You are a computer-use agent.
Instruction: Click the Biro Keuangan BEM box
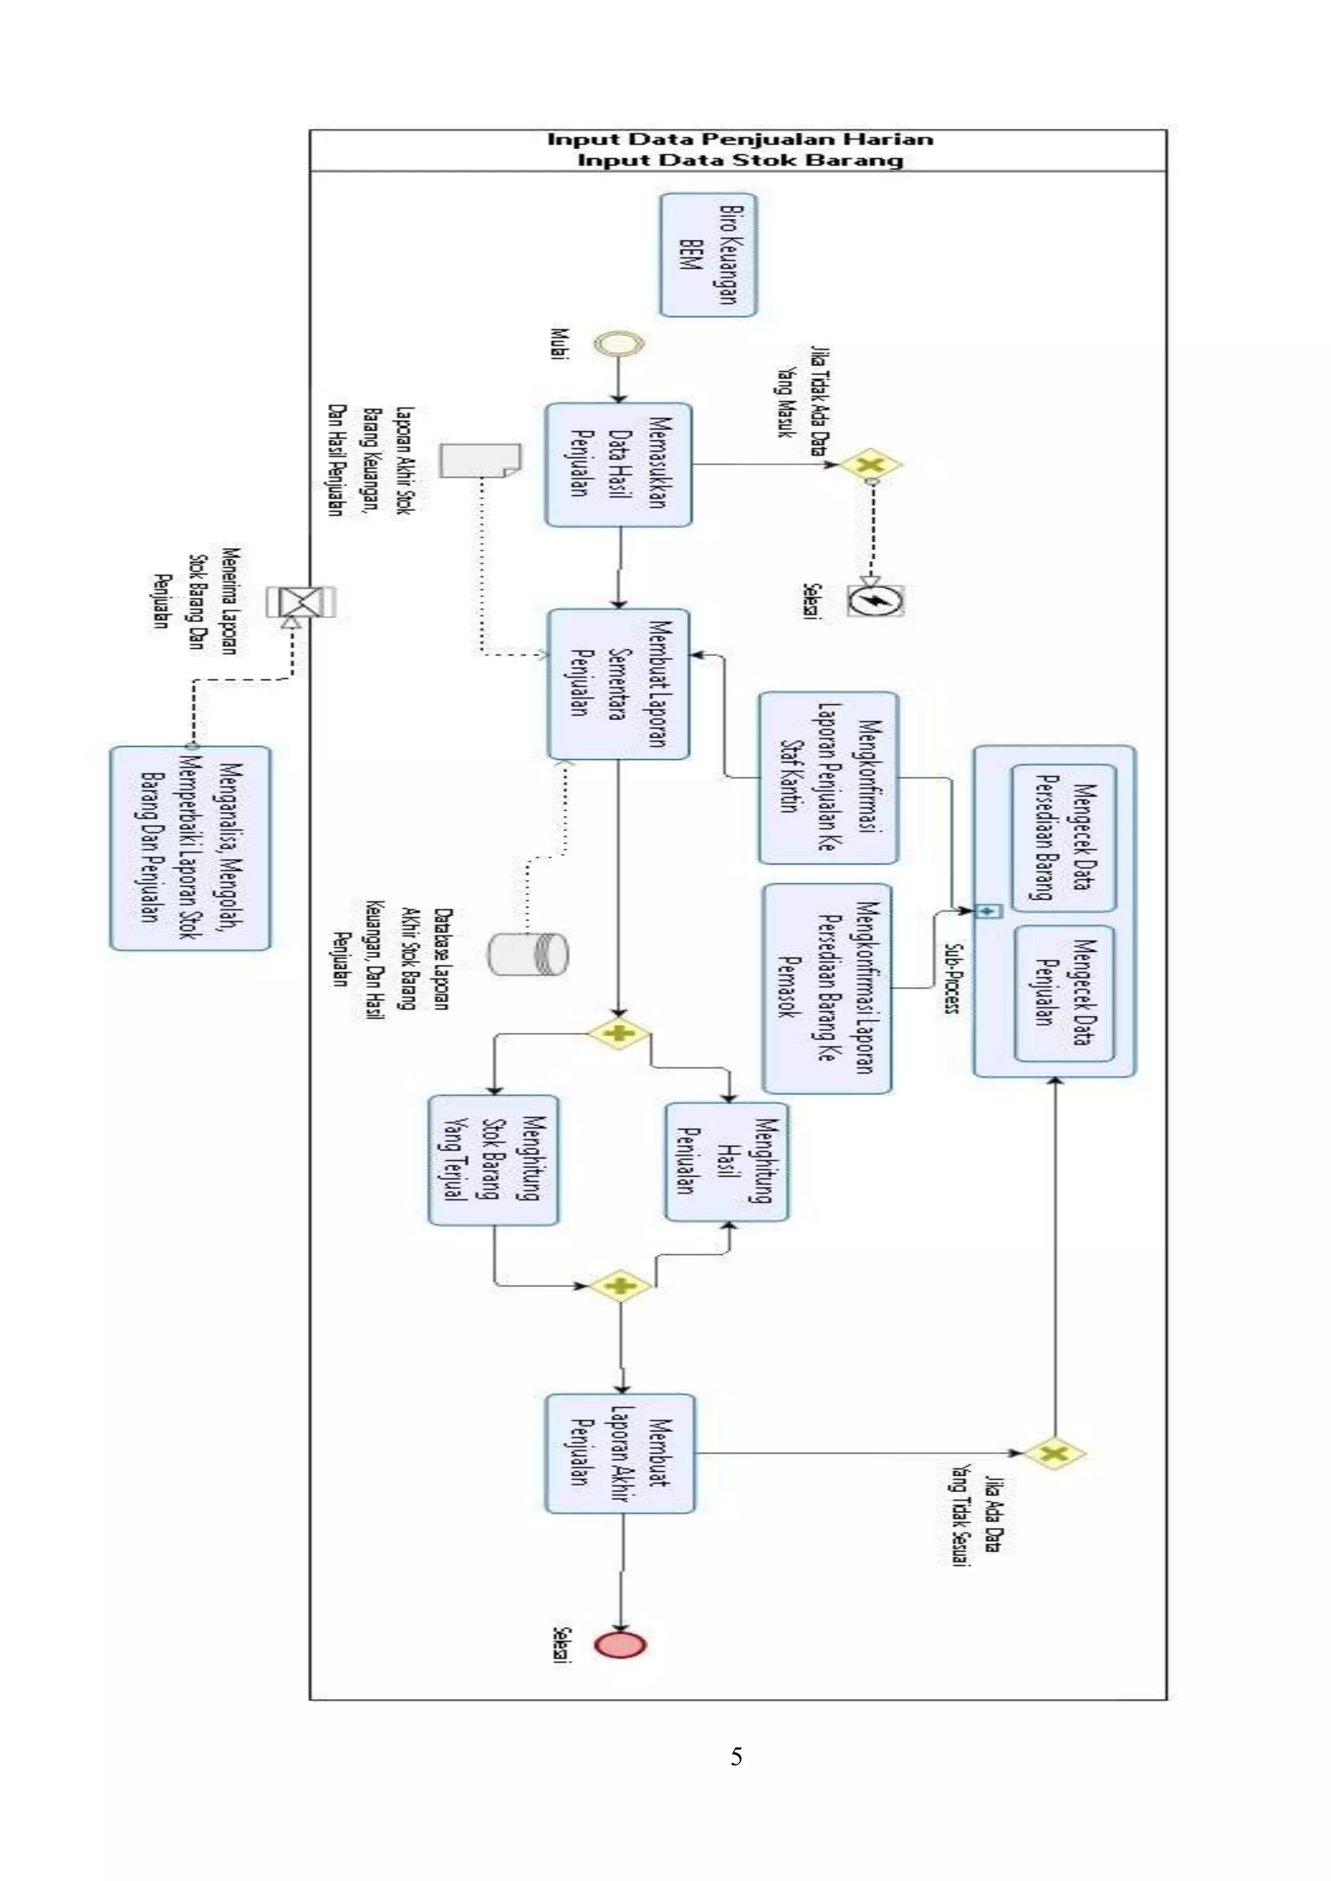(x=708, y=255)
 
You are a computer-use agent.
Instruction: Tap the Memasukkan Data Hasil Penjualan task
(x=619, y=464)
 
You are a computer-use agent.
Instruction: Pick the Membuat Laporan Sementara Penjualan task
(x=619, y=684)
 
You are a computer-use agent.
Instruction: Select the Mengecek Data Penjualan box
(x=1064, y=993)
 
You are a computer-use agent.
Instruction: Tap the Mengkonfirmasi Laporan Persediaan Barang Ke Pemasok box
(x=827, y=988)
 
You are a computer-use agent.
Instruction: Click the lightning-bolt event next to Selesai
(x=875, y=602)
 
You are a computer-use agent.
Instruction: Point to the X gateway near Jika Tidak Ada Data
(x=870, y=465)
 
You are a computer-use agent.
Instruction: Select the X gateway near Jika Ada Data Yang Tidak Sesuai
(x=1055, y=1454)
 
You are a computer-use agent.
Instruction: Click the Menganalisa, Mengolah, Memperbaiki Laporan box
(x=190, y=848)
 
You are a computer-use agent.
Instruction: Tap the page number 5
(x=736, y=1756)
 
